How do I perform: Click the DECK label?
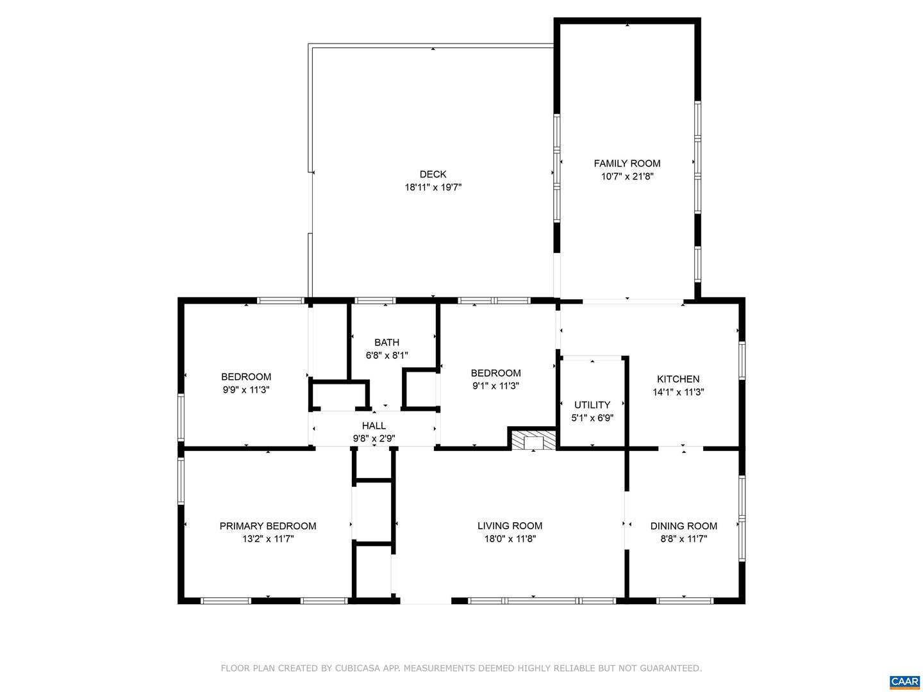(x=433, y=174)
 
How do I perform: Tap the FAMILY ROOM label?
(x=627, y=163)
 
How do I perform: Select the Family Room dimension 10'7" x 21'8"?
(x=627, y=177)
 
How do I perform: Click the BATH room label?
(x=387, y=342)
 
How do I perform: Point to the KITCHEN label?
(x=678, y=379)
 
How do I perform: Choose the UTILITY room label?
(x=592, y=404)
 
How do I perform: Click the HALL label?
(x=374, y=425)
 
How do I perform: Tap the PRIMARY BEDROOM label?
(x=268, y=526)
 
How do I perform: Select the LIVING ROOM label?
(x=510, y=526)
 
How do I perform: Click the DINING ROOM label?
(x=683, y=526)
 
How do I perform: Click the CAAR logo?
(x=904, y=681)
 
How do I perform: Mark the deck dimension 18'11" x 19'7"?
(x=433, y=188)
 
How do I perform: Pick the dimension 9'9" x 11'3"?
(x=246, y=390)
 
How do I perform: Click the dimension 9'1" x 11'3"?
(x=495, y=386)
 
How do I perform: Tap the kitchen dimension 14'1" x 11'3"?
(x=678, y=392)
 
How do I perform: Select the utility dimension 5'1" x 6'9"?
(x=592, y=418)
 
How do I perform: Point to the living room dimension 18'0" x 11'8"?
(x=510, y=539)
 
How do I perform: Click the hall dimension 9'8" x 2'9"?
(x=374, y=439)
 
